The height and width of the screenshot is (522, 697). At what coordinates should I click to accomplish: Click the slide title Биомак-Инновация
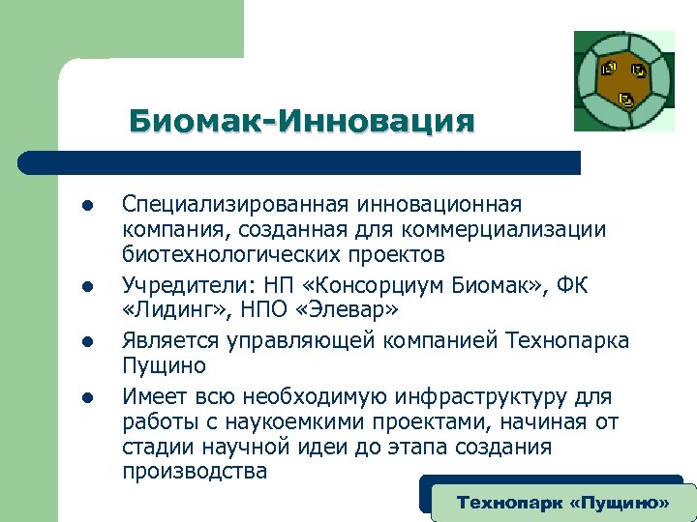[302, 122]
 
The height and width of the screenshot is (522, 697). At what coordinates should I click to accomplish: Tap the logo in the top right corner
[624, 81]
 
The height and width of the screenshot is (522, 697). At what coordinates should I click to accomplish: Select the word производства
[195, 472]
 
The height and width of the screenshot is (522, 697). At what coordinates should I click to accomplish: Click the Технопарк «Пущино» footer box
[562, 503]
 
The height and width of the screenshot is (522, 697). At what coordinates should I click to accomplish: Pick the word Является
[170, 341]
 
